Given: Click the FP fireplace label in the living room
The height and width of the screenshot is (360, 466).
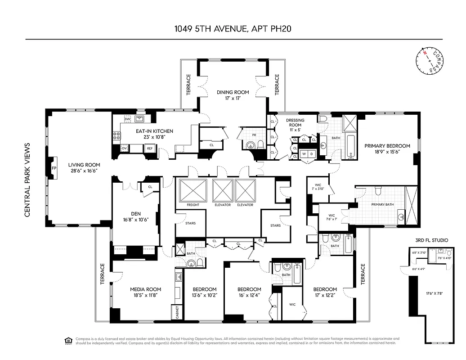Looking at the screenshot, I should coord(54,168).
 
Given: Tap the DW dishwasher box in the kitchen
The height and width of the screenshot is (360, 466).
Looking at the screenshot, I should coord(127,119).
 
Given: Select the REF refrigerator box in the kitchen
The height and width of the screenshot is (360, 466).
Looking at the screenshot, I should coord(148,148).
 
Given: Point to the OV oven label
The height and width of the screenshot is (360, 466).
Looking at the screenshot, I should coord(124,148).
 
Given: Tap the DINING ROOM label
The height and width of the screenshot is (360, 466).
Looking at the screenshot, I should coord(233,92).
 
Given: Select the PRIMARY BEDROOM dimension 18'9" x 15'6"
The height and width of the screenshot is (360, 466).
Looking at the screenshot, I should coord(387,152).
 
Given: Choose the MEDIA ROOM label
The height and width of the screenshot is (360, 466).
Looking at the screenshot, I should coord(145,289).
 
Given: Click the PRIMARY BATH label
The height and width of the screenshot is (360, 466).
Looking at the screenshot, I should coord(382,204).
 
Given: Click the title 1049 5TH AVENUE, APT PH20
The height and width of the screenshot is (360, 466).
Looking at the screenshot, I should coord(233,29).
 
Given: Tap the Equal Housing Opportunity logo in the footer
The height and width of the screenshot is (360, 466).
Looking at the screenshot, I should coord(68,341).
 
